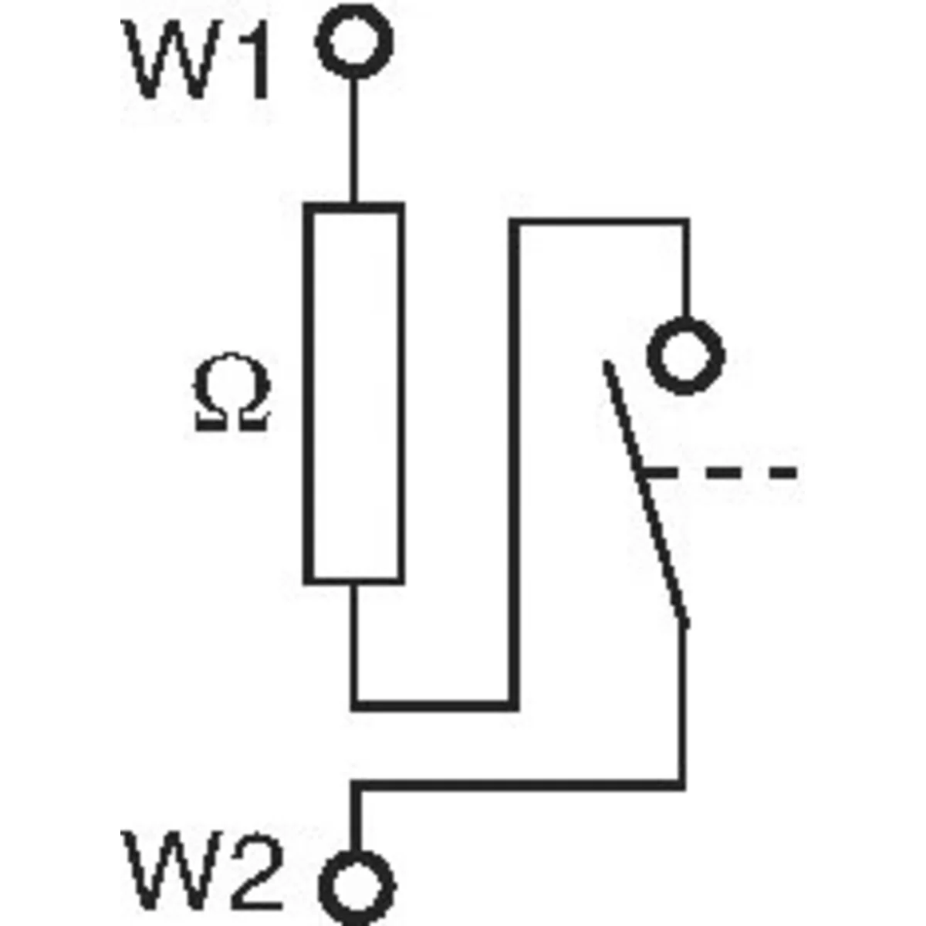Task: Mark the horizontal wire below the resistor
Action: coord(432,704)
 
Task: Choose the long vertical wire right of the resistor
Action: coord(515,463)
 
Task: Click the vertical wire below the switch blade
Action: coord(681,702)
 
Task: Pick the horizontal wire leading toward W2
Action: coord(517,786)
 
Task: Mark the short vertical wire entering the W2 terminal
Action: coord(356,818)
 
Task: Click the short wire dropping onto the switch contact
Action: coord(684,270)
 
